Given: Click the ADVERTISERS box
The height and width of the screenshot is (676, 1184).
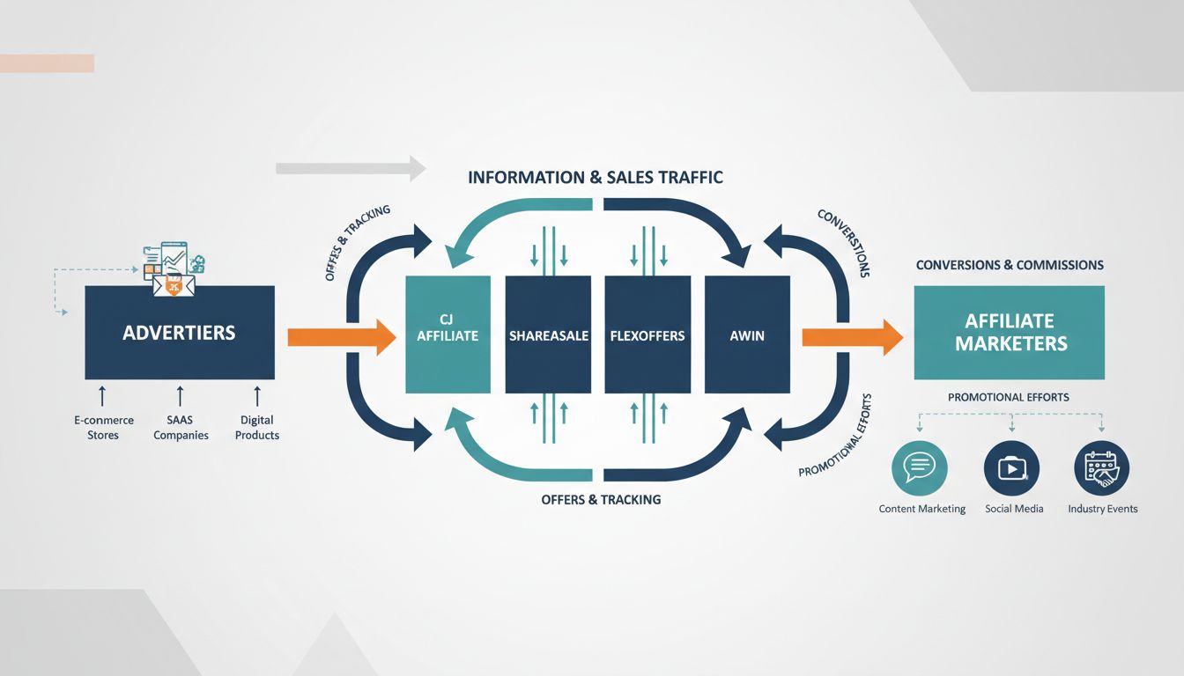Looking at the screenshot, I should tap(179, 333).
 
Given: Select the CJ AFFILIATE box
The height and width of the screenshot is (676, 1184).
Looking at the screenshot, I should tap(448, 334).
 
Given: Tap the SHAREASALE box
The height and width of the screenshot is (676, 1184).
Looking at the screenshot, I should tap(548, 334).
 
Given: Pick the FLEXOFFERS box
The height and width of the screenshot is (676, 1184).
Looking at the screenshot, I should tap(647, 334).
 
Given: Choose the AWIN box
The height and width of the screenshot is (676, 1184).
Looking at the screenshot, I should tap(747, 334).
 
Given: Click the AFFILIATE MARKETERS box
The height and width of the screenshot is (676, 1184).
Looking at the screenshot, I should tap(1010, 333).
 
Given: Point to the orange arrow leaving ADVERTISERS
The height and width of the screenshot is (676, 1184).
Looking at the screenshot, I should tap(342, 337).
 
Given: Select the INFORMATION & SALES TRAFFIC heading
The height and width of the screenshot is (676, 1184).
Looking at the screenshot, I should tap(596, 178).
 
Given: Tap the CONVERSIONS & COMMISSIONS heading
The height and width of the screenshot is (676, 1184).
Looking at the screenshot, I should tap(1010, 265).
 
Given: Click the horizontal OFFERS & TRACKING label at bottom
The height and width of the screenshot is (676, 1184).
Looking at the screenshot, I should tap(601, 499).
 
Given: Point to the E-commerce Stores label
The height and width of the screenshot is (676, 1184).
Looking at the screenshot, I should tap(103, 428).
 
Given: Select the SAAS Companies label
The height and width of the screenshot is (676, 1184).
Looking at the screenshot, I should tap(181, 428).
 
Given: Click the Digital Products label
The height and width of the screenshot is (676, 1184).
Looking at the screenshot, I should tap(257, 428).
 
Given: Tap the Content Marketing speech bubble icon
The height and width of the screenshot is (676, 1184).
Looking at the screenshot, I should tap(919, 468).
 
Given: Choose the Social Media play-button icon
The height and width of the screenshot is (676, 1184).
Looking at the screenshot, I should tap(1011, 468).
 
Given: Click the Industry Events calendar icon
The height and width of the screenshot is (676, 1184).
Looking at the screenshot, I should tap(1101, 468).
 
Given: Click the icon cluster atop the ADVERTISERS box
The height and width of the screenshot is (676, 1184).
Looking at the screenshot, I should tap(173, 267).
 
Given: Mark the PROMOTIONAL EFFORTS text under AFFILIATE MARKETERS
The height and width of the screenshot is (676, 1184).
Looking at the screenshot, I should tap(1009, 397).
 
